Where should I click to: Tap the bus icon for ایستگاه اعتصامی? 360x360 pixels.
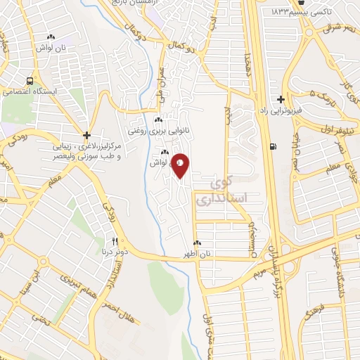point(30,80)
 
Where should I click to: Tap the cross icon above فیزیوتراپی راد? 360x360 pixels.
point(281,99)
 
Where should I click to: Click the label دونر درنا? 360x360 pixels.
point(114,250)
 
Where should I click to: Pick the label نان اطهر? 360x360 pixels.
point(198,253)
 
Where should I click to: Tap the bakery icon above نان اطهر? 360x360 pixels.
point(198,243)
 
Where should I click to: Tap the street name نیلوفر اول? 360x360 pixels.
point(326,131)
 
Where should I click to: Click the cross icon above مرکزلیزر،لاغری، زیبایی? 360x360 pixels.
point(86,135)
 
